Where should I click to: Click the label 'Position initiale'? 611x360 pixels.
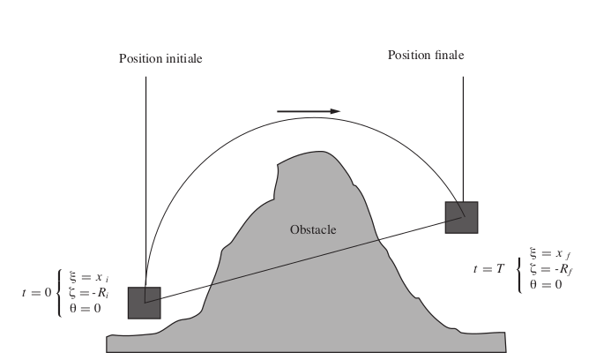(160, 59)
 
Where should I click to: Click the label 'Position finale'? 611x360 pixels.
(426, 56)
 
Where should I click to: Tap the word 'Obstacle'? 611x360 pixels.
(313, 229)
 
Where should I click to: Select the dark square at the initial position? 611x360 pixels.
(144, 302)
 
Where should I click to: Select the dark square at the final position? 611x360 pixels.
(461, 217)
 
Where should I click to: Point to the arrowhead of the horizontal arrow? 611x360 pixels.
(335, 111)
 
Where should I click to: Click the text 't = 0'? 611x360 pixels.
(36, 291)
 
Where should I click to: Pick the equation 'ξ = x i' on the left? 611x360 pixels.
(86, 277)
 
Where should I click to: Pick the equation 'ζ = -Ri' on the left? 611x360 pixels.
(85, 292)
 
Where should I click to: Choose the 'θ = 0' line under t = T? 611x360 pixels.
(545, 283)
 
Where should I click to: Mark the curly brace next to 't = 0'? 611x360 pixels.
(59, 292)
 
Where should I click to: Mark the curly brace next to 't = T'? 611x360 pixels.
(520, 268)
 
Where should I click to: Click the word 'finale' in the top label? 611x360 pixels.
(447, 56)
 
